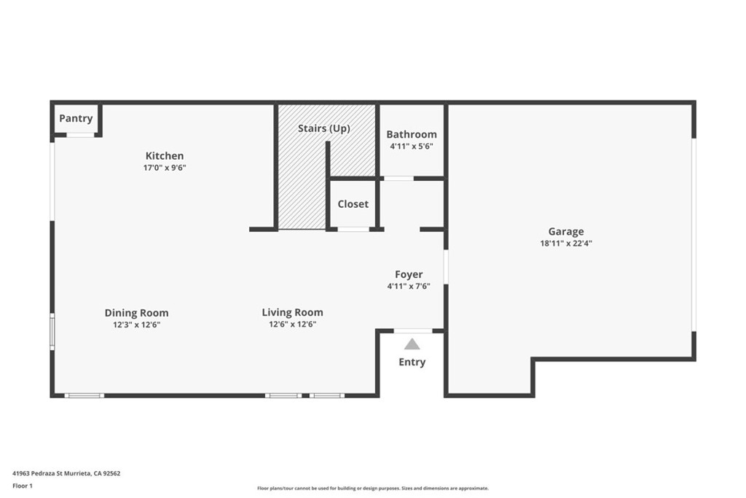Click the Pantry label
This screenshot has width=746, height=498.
[x=76, y=119]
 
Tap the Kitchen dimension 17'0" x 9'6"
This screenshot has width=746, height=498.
[x=165, y=168]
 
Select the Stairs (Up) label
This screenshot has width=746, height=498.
[x=324, y=128]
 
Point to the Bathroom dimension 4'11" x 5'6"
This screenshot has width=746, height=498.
[x=412, y=146]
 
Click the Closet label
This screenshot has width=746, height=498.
[x=353, y=203]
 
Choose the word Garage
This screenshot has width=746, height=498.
[x=565, y=232]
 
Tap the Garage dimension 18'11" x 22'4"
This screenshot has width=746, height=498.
[x=565, y=244]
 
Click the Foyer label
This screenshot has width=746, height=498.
[x=409, y=275]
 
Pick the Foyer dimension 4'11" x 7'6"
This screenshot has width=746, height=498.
[x=409, y=286]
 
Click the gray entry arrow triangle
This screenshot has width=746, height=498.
[x=412, y=344]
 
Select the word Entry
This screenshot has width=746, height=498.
[x=412, y=362]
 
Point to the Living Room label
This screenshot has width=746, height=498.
[x=292, y=312]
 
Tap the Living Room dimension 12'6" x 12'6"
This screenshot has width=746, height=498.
[x=293, y=324]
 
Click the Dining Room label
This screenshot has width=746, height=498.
[x=136, y=313]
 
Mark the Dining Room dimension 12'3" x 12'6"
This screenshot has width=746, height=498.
[x=136, y=324]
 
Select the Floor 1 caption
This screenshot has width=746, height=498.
[x=23, y=486]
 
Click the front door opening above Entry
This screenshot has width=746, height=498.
[x=413, y=331]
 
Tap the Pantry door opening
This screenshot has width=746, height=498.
[x=80, y=135]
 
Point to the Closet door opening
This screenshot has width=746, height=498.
[x=353, y=230]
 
